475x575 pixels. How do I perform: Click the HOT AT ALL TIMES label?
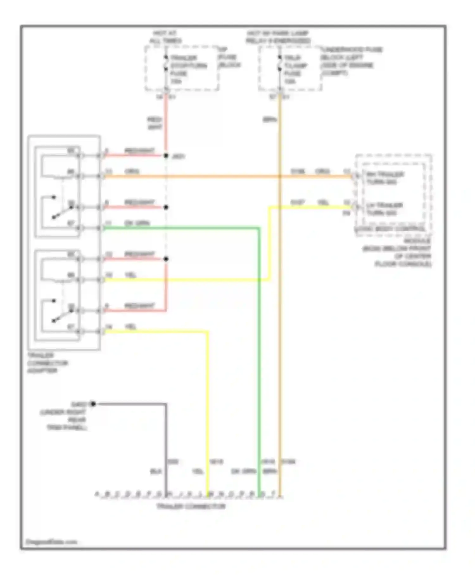point(165,37)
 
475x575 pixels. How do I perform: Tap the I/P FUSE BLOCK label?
point(229,57)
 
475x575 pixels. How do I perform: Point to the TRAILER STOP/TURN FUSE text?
point(188,69)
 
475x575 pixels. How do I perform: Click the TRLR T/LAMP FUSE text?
point(295,69)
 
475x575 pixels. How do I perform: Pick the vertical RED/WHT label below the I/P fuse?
point(155,123)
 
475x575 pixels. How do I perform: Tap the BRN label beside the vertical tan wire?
point(269,120)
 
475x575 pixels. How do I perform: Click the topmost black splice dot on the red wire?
point(166,156)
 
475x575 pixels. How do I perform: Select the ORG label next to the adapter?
point(132,171)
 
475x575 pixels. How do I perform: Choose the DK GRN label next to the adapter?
point(137,223)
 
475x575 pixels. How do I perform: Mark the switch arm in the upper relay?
point(62,212)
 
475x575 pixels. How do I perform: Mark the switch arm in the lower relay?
point(62,315)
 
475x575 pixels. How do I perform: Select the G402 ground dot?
point(93,404)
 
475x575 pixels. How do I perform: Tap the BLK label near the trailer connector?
point(155,472)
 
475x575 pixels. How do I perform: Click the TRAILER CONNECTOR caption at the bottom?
point(191,506)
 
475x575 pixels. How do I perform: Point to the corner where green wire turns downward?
point(259,228)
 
